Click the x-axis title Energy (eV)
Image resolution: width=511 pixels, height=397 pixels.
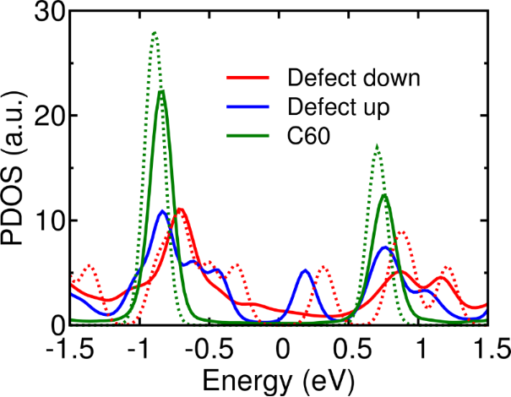tap(279, 378)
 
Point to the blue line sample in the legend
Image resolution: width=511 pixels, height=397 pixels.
tap(249, 107)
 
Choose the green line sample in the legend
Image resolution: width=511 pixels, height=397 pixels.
tap(249, 133)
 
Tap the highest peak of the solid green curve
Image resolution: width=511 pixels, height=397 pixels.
tap(161, 90)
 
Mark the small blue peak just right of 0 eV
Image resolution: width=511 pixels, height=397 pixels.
tap(305, 270)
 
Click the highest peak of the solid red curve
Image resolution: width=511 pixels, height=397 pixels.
tap(179, 209)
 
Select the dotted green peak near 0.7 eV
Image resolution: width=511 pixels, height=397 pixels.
tap(377, 145)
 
